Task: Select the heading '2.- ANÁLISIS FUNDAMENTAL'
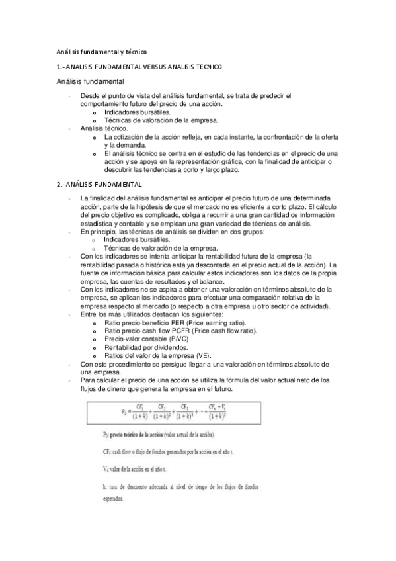[x=99, y=183]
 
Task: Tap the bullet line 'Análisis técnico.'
[x=99, y=127]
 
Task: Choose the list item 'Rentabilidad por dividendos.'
[x=145, y=347]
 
